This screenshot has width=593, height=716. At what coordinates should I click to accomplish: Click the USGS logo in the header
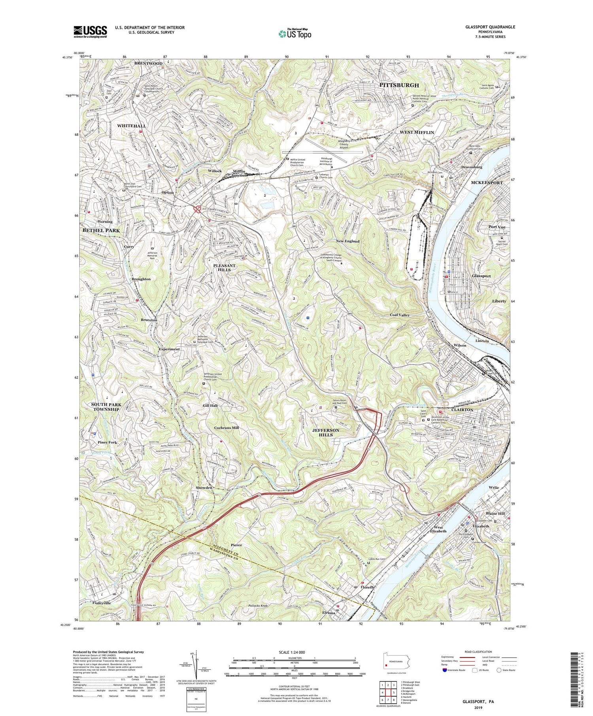90,31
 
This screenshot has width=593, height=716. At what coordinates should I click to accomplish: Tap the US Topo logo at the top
295,34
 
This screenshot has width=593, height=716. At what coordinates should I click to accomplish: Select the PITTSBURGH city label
399,85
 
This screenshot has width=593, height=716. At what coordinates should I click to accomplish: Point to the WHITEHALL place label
132,126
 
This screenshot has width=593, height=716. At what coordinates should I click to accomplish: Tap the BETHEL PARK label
101,230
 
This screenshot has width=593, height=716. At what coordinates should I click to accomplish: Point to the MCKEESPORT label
487,183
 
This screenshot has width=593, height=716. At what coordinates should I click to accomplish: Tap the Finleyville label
96,603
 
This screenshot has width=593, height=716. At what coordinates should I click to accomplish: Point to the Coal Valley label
400,315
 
